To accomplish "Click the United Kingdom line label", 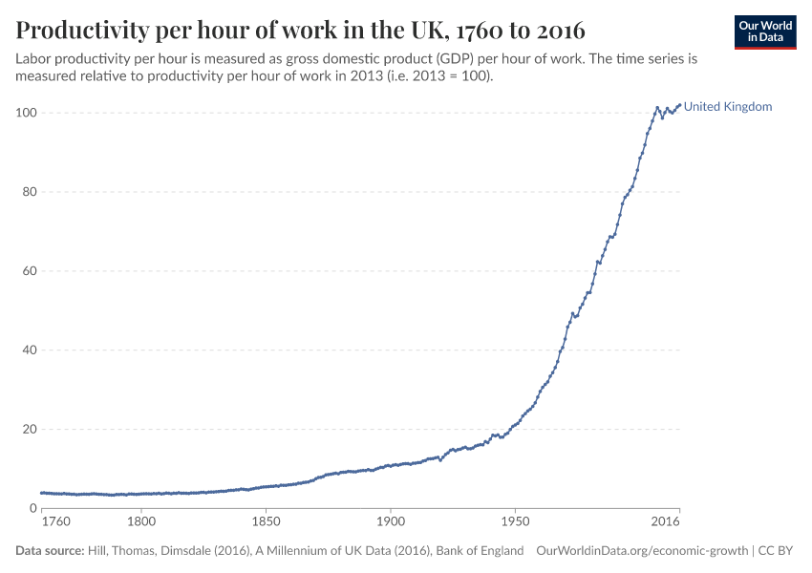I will pyautogui.click(x=728, y=107).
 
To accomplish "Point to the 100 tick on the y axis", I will pyautogui.click(x=26, y=113).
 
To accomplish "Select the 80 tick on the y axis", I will pyautogui.click(x=29, y=192).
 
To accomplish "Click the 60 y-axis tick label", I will pyautogui.click(x=29, y=271).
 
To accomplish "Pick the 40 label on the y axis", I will pyautogui.click(x=29, y=350).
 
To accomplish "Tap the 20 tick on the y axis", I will pyautogui.click(x=29, y=430).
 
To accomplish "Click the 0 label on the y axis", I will pyautogui.click(x=32, y=508).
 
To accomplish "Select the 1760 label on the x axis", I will pyautogui.click(x=56, y=522).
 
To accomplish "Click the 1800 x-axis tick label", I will pyautogui.click(x=141, y=522).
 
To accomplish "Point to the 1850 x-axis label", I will pyautogui.click(x=266, y=522).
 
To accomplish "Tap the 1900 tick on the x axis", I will pyautogui.click(x=390, y=522).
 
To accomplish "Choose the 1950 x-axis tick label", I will pyautogui.click(x=514, y=522).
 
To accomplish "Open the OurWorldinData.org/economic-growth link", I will pyautogui.click(x=643, y=551).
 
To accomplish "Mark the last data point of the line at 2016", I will pyautogui.click(x=679, y=105).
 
